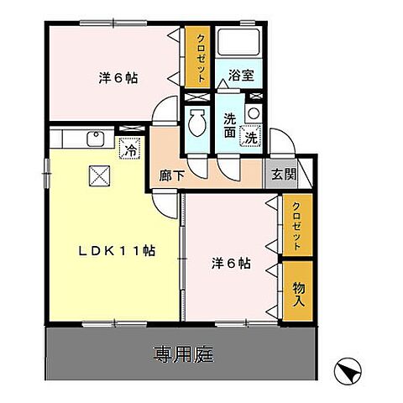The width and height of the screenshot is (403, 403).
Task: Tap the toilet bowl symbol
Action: point(197,124)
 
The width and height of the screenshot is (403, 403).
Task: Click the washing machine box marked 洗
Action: point(251,134)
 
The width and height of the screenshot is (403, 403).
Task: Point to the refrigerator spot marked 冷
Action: point(131,151)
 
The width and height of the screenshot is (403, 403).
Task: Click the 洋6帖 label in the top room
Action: point(118,78)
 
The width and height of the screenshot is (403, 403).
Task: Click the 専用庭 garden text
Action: point(182,353)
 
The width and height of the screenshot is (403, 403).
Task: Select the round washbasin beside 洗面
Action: point(253,112)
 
